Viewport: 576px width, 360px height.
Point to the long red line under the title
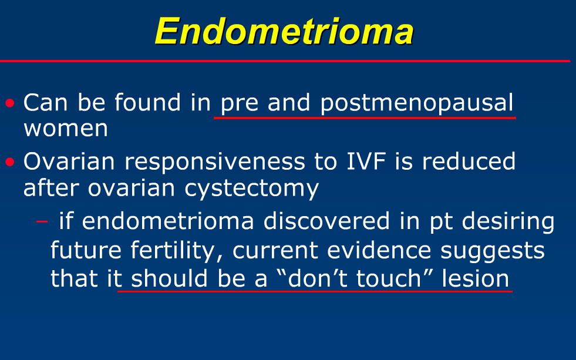click(285, 60)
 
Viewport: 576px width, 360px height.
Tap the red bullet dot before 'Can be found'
click(9, 103)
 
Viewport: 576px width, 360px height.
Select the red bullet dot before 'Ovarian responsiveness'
click(9, 162)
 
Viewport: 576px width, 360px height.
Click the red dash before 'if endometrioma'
click(42, 222)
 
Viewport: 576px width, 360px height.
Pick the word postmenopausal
click(417, 103)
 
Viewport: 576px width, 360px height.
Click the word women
click(65, 128)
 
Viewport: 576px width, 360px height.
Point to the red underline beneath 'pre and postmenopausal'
click(364, 117)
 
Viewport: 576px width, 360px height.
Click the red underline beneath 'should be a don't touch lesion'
click(315, 291)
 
